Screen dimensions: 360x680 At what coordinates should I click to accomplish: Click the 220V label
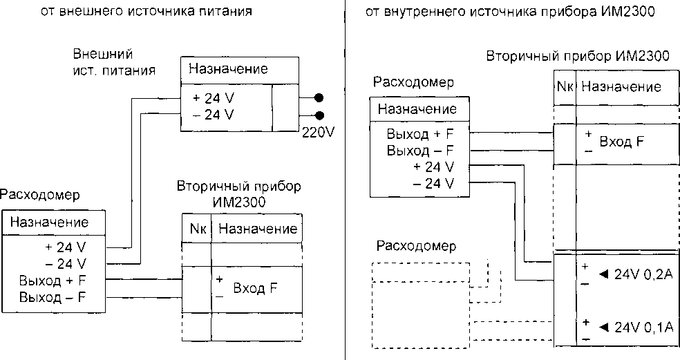pyautogui.click(x=318, y=133)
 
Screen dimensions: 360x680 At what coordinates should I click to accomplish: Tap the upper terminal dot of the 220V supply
pyautogui.click(x=319, y=98)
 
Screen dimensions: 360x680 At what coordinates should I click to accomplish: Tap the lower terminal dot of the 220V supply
pyautogui.click(x=319, y=115)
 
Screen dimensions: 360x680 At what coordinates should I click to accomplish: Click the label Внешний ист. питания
pyautogui.click(x=114, y=61)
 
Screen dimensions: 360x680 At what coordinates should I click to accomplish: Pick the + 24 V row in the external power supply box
pyautogui.click(x=214, y=98)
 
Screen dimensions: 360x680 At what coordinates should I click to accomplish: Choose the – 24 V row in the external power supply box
pyautogui.click(x=214, y=114)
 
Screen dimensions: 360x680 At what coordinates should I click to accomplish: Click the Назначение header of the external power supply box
pyautogui.click(x=228, y=70)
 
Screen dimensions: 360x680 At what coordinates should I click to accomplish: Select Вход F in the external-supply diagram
pyautogui.click(x=255, y=288)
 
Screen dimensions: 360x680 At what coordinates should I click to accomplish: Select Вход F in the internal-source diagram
pyautogui.click(x=621, y=142)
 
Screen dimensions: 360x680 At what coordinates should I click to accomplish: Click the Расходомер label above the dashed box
pyautogui.click(x=416, y=247)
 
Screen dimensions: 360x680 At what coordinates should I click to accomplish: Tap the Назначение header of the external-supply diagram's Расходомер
pyautogui.click(x=50, y=222)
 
